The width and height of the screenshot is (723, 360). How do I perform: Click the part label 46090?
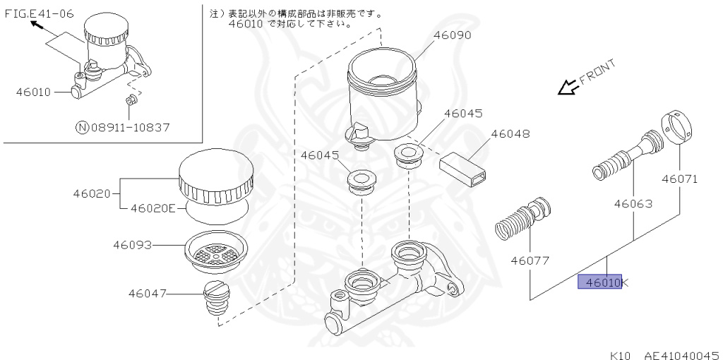coord(451,35)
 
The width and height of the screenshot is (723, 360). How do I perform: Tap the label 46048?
coord(510,133)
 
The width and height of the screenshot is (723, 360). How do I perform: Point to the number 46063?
coord(632,204)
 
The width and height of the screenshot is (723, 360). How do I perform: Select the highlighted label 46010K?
coord(599,282)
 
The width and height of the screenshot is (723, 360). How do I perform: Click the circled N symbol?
coord(83,128)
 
